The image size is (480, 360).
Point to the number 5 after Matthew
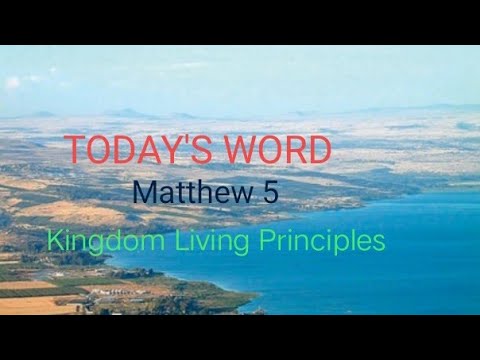coord(270,194)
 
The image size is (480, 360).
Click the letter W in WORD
coord(232,150)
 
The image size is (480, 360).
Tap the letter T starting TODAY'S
coord(76,150)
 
